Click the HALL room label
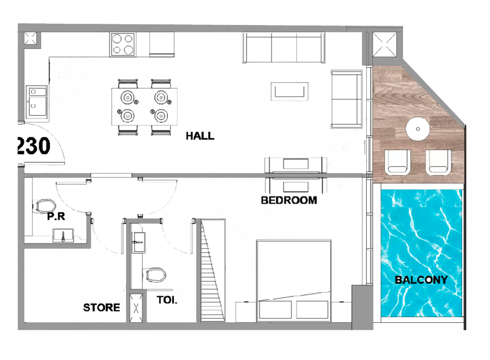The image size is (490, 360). (x=200, y=136)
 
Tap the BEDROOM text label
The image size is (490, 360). (x=289, y=200)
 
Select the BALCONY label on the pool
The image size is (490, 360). (x=421, y=280)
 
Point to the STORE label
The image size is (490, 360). (x=102, y=308)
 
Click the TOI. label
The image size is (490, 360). (x=167, y=300)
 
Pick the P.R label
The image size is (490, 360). (x=56, y=216)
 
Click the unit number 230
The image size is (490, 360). (x=34, y=146)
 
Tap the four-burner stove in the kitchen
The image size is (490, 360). (x=123, y=44)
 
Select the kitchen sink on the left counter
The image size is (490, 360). (x=37, y=102)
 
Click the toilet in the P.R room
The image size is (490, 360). (x=45, y=206)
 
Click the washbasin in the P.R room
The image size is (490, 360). (x=63, y=235)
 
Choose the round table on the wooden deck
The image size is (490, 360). (x=418, y=129)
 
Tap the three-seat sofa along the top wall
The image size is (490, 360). (x=284, y=48)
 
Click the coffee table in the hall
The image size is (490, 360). (x=289, y=91)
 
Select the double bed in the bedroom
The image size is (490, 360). (x=294, y=280)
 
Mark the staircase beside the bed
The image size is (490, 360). (x=213, y=270)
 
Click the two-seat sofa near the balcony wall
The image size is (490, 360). (x=346, y=99)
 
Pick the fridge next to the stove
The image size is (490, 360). (x=162, y=44)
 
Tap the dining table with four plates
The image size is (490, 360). (x=144, y=106)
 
